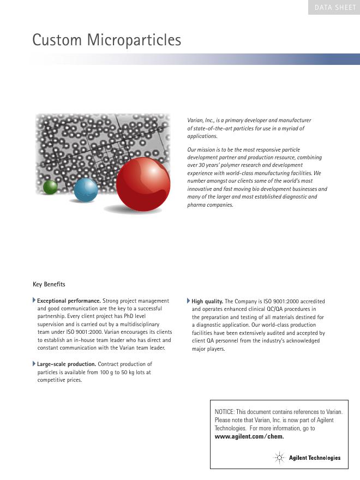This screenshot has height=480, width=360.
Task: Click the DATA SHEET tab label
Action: coord(334,8)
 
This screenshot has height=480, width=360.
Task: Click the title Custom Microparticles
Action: coord(106,40)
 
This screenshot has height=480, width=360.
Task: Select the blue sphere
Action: coord(86,189)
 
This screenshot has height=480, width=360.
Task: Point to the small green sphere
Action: coord(51,187)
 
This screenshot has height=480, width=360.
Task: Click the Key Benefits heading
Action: coord(49,284)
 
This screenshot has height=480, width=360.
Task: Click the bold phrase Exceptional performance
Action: coord(69,301)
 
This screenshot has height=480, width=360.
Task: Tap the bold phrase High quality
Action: coord(207,301)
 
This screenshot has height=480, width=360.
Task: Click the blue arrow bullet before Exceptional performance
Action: coord(34,301)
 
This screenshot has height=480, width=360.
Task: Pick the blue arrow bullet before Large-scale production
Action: coord(34,363)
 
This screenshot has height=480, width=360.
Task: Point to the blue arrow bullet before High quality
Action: coord(189,301)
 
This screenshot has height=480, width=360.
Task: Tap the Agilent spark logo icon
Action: coord(280,458)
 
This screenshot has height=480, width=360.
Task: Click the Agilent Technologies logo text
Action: coord(315,458)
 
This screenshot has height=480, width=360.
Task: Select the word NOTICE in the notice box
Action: coord(225,412)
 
